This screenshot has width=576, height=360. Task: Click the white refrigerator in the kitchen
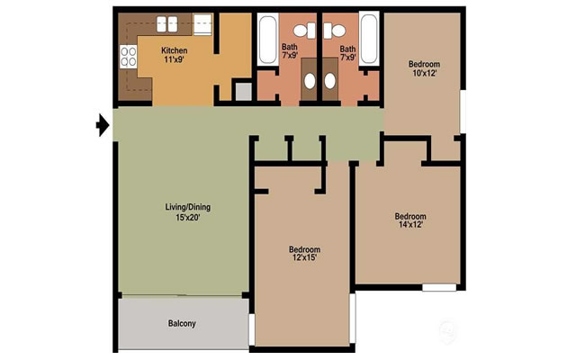202,24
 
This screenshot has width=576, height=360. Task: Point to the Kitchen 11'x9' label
175,56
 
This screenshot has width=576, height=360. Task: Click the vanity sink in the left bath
309,81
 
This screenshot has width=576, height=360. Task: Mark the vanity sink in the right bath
329,81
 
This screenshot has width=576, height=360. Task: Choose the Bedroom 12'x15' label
304,254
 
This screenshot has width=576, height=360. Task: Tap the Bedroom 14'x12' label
410,220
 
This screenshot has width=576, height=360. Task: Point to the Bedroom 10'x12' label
424,69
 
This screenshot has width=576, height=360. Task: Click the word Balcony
182,324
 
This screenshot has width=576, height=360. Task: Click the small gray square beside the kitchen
242,90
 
